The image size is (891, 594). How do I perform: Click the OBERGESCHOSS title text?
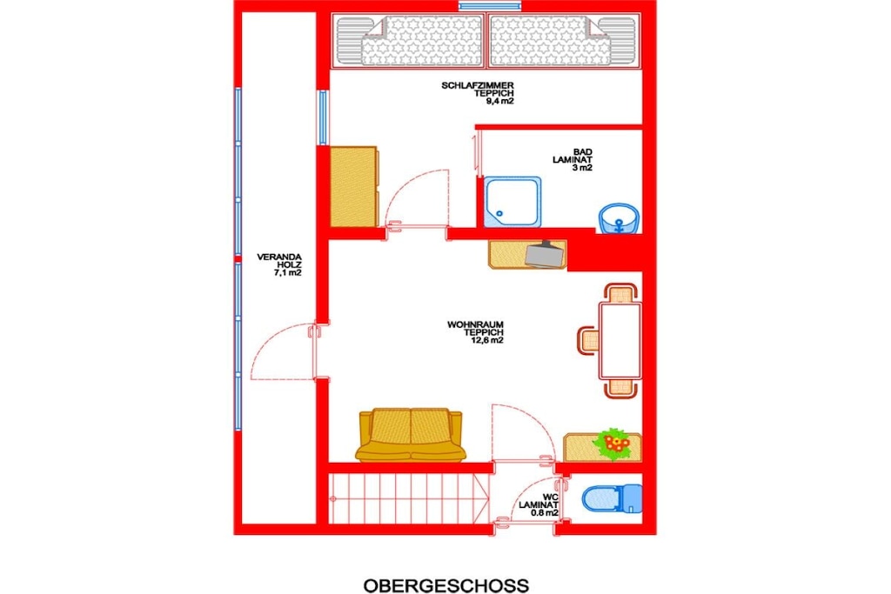pyautogui.click(x=446, y=585)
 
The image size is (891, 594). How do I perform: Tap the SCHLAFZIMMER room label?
pyautogui.click(x=478, y=86)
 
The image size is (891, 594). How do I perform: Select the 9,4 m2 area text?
pyautogui.click(x=499, y=101)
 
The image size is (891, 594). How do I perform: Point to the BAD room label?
pyautogui.click(x=582, y=152)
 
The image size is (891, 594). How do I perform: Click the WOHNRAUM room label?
pyautogui.click(x=475, y=324)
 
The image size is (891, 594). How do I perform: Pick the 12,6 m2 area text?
pyautogui.click(x=487, y=340)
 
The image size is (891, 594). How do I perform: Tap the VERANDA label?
pyautogui.click(x=279, y=257)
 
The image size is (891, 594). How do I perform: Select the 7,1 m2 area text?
pyautogui.click(x=287, y=272)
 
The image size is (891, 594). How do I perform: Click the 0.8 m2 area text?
pyautogui.click(x=545, y=512)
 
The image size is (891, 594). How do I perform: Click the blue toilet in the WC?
pyautogui.click(x=612, y=498)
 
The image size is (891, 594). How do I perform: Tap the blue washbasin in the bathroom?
pyautogui.click(x=619, y=218)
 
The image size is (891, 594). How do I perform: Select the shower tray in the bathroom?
pyautogui.click(x=512, y=202)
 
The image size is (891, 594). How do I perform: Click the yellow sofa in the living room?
pyautogui.click(x=411, y=435)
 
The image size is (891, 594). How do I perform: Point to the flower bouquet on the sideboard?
pyautogui.click(x=612, y=444)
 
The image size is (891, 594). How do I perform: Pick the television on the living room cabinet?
pyautogui.click(x=546, y=254)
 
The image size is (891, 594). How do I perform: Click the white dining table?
pyautogui.click(x=620, y=341)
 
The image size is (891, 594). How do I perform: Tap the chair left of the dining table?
pyautogui.click(x=588, y=340)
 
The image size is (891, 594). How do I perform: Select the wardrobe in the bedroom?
pyautogui.click(x=353, y=187)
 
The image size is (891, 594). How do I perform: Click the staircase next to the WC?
pyautogui.click(x=409, y=498)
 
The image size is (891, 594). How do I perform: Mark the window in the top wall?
pyautogui.click(x=490, y=6)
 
